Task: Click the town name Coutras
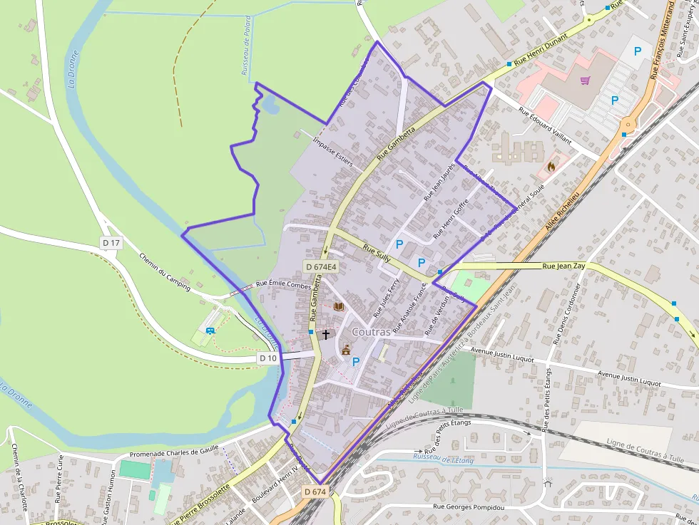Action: coord(371,332)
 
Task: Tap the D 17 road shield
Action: coord(111,243)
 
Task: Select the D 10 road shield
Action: coord(268,358)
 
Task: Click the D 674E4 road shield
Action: coord(320,267)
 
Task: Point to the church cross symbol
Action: coord(326,333)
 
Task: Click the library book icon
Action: coord(339,306)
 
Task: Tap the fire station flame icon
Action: coord(551,167)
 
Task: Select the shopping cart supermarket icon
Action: coord(586,81)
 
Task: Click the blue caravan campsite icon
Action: coord(210,330)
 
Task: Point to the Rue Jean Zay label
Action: coord(564,266)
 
